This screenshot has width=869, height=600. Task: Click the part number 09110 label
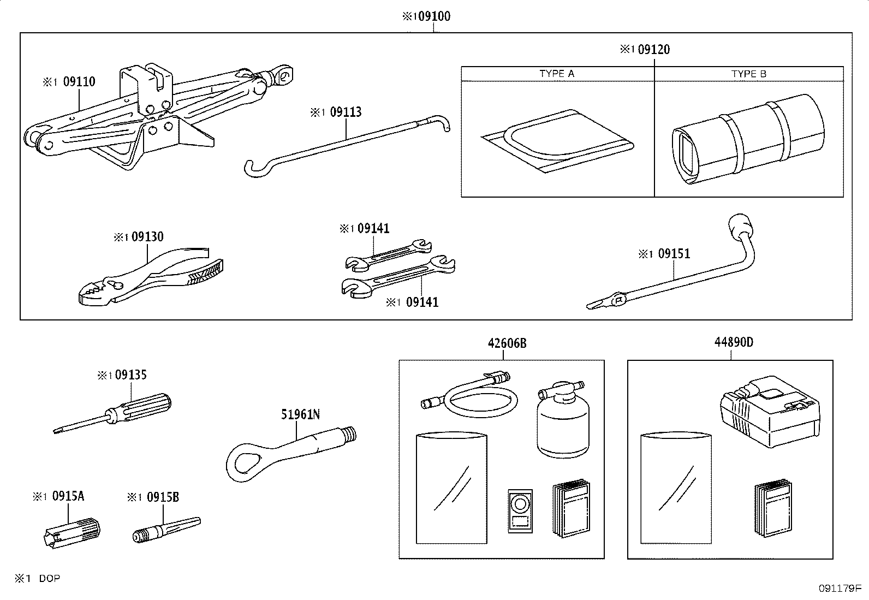pyautogui.click(x=79, y=82)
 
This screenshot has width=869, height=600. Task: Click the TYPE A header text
pyautogui.click(x=557, y=74)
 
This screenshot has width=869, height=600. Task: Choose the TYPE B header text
pyautogui.click(x=749, y=74)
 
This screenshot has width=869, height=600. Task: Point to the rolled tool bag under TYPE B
pyautogui.click(x=748, y=139)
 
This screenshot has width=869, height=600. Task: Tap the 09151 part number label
pyautogui.click(x=674, y=254)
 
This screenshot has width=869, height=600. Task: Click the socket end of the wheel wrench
pyautogui.click(x=740, y=225)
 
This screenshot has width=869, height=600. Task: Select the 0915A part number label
pyautogui.click(x=68, y=497)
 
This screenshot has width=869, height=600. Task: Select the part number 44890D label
pyautogui.click(x=734, y=342)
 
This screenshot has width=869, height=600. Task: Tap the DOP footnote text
pyautogui.click(x=49, y=579)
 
